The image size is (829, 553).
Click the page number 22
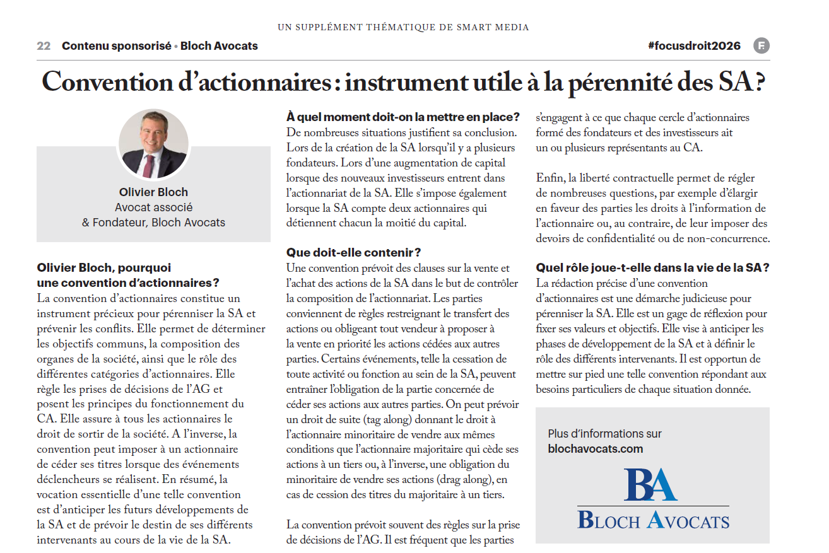pyautogui.click(x=44, y=46)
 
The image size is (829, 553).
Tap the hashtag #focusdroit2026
pyautogui.click(x=694, y=46)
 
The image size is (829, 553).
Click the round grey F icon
pyautogui.click(x=761, y=46)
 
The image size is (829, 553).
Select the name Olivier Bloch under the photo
pyautogui.click(x=153, y=192)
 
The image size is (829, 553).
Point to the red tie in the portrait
pyautogui.click(x=148, y=165)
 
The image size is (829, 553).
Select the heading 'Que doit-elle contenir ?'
pyautogui.click(x=353, y=253)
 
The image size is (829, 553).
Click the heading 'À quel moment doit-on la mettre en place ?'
pyautogui.click(x=403, y=117)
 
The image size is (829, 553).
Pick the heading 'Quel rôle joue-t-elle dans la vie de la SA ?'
pyautogui.click(x=652, y=267)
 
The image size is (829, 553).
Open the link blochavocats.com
pyautogui.click(x=596, y=449)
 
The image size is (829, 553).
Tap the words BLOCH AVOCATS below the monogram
pyautogui.click(x=653, y=520)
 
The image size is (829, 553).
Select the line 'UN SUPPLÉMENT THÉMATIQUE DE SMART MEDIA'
pyautogui.click(x=403, y=27)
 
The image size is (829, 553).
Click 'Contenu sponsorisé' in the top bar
pyautogui.click(x=117, y=46)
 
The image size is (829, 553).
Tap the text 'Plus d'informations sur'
pyautogui.click(x=605, y=434)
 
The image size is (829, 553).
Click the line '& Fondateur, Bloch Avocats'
pyautogui.click(x=153, y=223)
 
